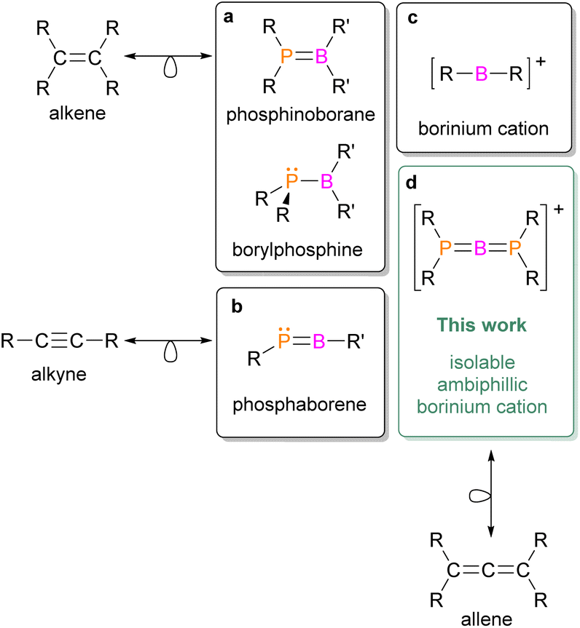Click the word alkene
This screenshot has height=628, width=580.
point(77,114)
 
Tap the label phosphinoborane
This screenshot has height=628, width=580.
point(300,115)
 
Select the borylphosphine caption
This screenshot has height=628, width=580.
point(297,250)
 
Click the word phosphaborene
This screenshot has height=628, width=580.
point(299,405)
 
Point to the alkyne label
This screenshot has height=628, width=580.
point(59,375)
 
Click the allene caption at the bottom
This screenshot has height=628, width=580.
point(487,619)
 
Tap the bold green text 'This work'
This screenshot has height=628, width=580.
point(482,325)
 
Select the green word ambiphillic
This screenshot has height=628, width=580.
point(482,385)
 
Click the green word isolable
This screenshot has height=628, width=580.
point(482,362)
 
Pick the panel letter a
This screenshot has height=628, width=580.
point(228,17)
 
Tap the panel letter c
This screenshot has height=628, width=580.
point(412,18)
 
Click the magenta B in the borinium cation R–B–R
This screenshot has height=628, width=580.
point(482,73)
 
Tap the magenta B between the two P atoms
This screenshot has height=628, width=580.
point(480,248)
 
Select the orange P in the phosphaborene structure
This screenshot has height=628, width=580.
point(284,341)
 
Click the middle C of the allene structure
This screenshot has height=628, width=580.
point(487,571)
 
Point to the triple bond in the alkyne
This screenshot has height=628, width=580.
point(59,341)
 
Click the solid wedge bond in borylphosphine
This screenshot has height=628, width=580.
point(286,198)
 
